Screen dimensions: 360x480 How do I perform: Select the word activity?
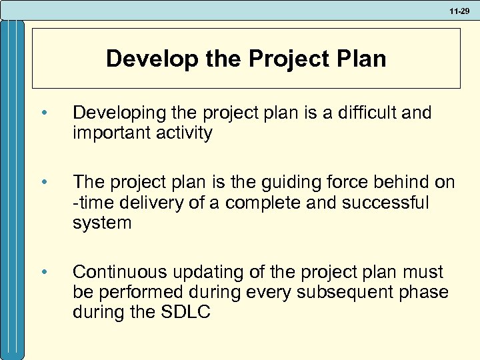[189, 133]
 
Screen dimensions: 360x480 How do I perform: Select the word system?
[102, 223]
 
